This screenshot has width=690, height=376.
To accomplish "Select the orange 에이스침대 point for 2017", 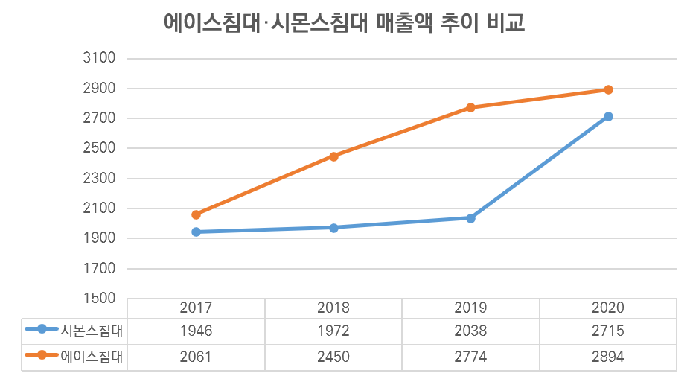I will (197, 214).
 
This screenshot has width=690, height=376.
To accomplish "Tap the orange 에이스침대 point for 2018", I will (333, 156).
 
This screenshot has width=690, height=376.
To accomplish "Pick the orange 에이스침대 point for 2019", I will (470, 108).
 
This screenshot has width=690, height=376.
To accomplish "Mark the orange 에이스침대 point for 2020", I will (608, 90).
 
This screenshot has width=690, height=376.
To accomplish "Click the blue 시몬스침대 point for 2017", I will (197, 232).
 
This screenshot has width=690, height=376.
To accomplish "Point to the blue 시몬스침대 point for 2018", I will (333, 228).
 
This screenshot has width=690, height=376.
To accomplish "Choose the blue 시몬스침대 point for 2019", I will (470, 218).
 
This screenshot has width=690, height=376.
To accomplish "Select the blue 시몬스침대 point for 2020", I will (608, 117).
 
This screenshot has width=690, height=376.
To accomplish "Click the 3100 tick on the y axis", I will (100, 58).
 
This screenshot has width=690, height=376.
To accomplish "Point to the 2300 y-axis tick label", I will (100, 179).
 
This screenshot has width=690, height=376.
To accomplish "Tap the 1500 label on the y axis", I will (100, 299).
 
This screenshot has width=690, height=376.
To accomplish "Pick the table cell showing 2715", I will (608, 331).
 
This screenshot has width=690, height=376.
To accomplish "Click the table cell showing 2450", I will (333, 357).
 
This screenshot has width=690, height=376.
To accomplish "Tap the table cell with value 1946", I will (197, 331).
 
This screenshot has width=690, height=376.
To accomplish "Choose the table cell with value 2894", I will (608, 357).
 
